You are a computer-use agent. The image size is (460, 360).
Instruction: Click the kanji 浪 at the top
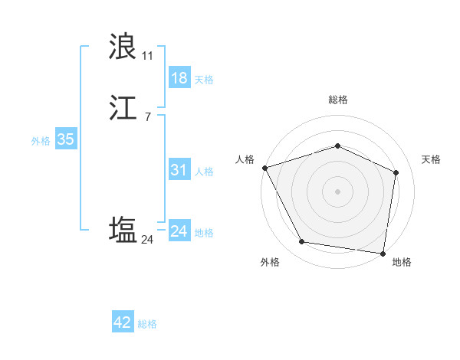(x=123, y=47)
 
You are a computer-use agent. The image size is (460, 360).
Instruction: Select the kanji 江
(x=123, y=109)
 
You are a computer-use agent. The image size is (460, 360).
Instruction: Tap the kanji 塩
(x=123, y=231)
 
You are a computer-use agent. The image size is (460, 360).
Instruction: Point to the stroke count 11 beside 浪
(x=147, y=56)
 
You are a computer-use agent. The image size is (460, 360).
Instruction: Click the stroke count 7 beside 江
(x=147, y=117)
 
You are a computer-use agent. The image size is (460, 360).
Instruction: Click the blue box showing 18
(x=179, y=78)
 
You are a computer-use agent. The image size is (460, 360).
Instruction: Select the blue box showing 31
(x=179, y=170)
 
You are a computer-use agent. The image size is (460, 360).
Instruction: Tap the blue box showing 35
(x=66, y=139)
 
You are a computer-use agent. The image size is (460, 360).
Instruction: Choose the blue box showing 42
(x=123, y=322)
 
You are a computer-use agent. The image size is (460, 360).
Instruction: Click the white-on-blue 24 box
(x=179, y=231)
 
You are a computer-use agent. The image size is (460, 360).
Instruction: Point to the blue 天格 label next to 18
(x=204, y=80)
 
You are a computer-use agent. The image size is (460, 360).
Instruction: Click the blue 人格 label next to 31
(x=204, y=172)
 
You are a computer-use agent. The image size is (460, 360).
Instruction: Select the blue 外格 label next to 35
(x=41, y=141)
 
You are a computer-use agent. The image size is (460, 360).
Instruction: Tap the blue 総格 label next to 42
(x=147, y=324)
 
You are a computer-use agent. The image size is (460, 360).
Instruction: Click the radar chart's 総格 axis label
(x=337, y=100)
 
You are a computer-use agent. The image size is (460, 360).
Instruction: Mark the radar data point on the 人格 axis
(x=264, y=168)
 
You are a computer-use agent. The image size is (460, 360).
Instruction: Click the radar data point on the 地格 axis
(x=383, y=253)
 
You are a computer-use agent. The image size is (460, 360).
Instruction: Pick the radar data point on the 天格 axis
(x=396, y=172)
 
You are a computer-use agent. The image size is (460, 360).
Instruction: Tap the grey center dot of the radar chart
(x=337, y=191)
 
